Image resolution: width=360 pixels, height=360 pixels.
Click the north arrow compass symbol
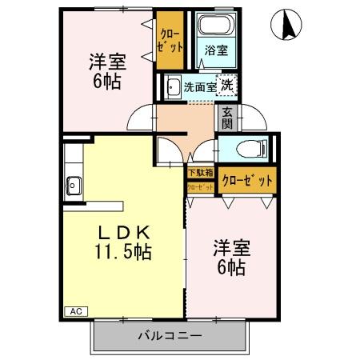coord(286,26)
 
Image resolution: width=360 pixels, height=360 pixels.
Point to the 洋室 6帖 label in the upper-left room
coord(105,69)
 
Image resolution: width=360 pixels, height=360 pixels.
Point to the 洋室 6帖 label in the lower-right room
coord(231,256)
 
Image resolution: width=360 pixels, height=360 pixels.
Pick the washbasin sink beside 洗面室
coord(172,86)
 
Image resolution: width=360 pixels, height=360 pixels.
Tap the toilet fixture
coord(244,149)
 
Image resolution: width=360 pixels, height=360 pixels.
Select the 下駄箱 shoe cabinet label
coord(200,172)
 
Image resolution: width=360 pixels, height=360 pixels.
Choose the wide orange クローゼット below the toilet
coord(247,180)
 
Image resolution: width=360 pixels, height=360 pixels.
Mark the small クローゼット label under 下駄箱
coord(200,187)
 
